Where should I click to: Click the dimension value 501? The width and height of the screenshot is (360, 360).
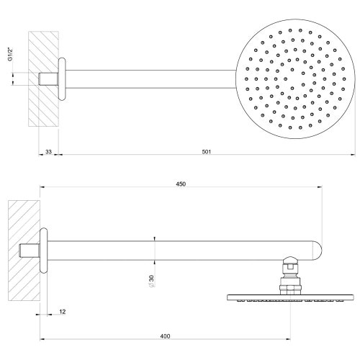coord(207,151)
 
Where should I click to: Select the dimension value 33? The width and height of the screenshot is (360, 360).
coord(48,151)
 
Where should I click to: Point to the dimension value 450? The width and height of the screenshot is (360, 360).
coord(181,184)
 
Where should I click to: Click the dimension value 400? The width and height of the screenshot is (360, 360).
coord(166,336)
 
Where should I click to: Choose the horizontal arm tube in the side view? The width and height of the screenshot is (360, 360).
coord(180,250)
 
